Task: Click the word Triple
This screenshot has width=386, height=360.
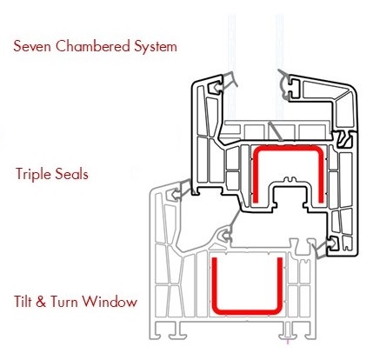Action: [33, 175]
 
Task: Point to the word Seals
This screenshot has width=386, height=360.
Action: [71, 174]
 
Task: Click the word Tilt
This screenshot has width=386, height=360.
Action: [23, 301]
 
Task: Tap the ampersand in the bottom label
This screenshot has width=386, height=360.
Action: [41, 302]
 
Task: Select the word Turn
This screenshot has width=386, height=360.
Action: [64, 302]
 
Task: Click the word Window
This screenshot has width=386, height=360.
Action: [110, 302]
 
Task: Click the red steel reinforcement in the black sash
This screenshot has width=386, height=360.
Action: [288, 149]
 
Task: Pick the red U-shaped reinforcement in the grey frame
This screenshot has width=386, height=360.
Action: [247, 312]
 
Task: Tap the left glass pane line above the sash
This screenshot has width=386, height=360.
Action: [231, 67]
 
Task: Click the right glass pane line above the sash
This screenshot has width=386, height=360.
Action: [279, 67]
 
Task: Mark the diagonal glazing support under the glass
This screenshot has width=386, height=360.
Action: [275, 130]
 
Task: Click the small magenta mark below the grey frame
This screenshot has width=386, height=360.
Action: [288, 341]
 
